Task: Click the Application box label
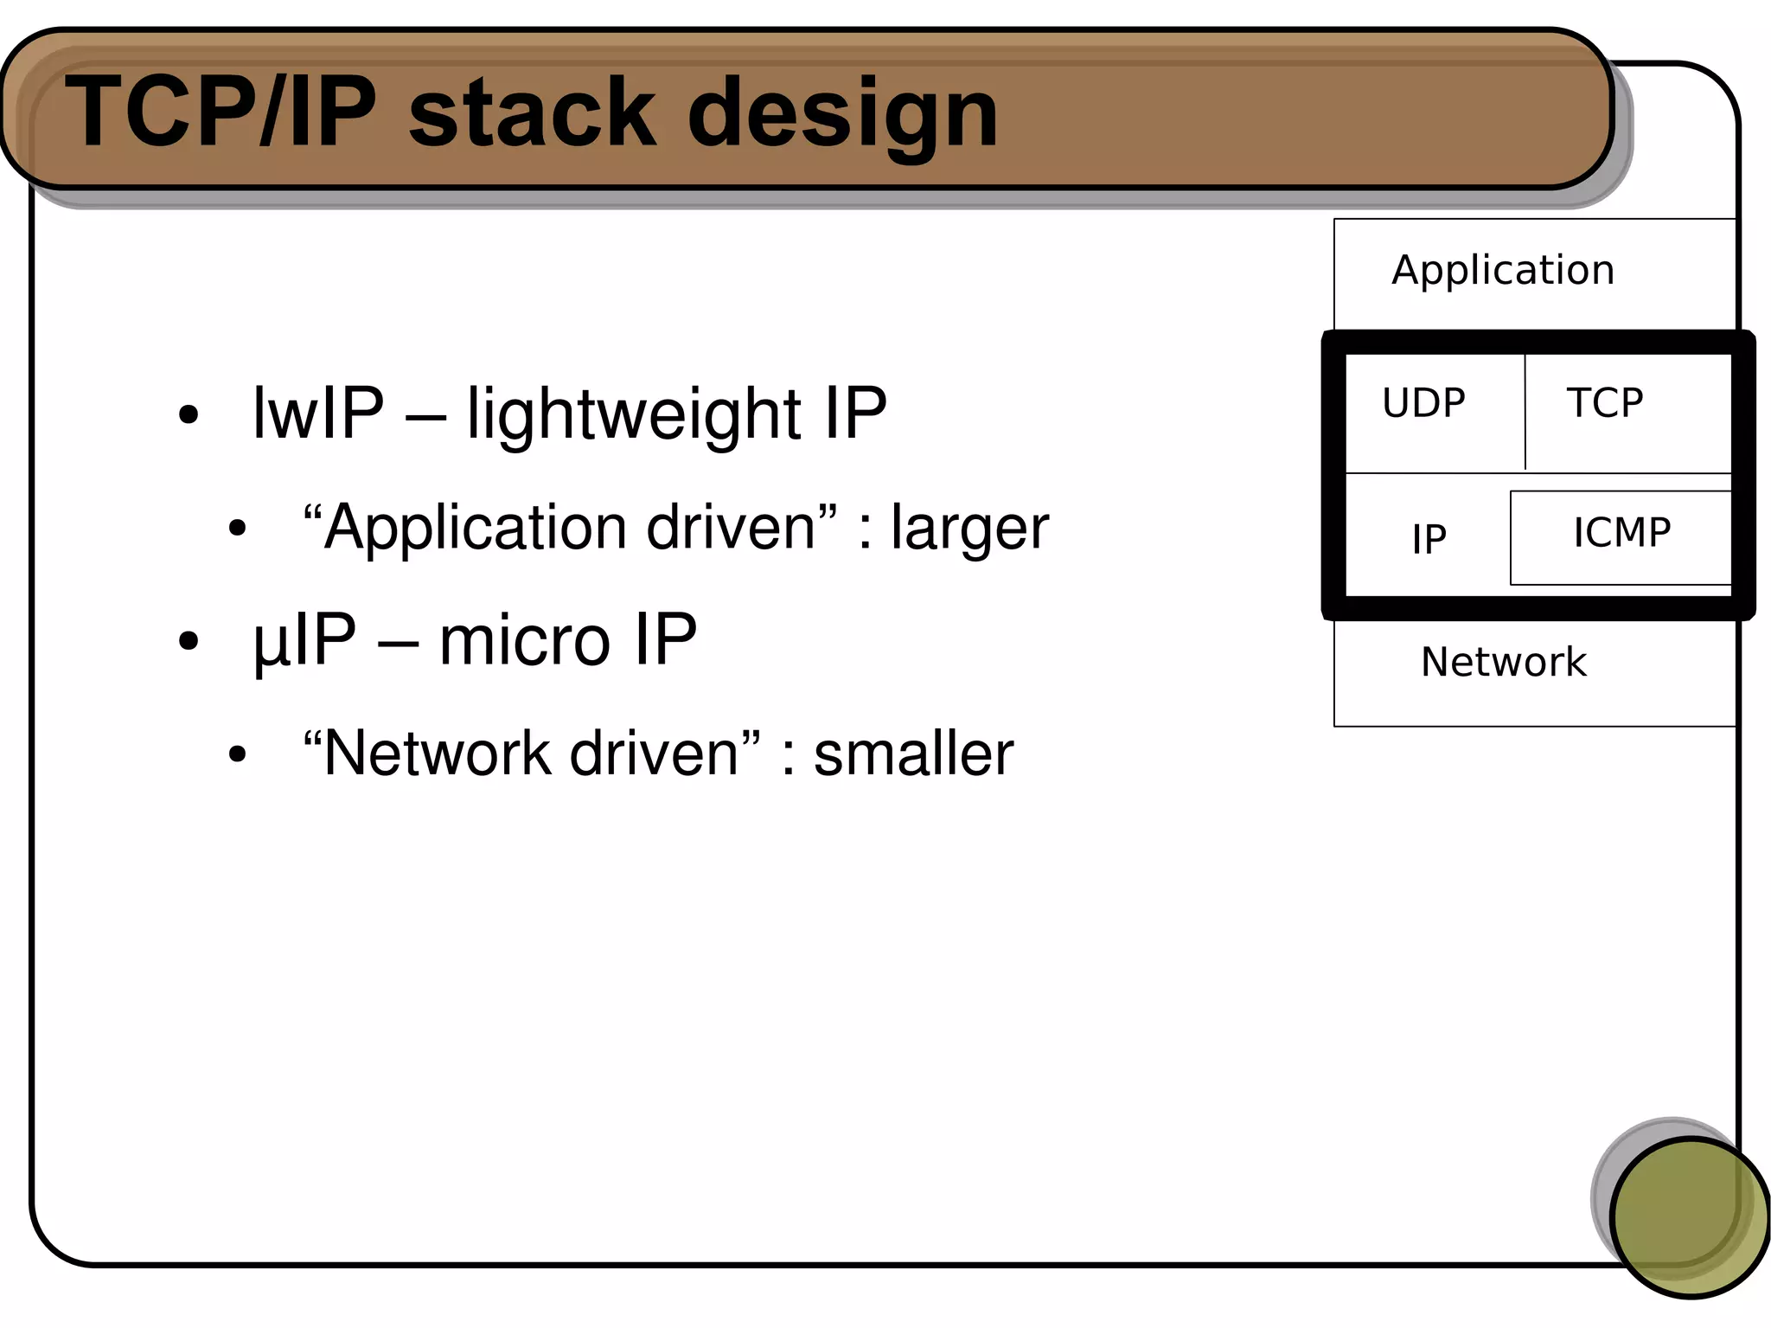point(1503,270)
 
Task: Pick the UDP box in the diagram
point(1424,403)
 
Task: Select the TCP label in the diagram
point(1605,403)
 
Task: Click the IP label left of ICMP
point(1429,540)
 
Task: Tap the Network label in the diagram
point(1503,663)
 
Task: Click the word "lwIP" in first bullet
point(317,413)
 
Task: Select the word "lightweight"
point(634,414)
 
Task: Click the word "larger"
point(969,528)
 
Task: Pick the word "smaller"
point(913,754)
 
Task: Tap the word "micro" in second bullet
point(524,640)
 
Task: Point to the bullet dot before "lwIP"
point(189,415)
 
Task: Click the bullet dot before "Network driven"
point(237,754)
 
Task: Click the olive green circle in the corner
point(1690,1217)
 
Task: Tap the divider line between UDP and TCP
point(1525,412)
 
